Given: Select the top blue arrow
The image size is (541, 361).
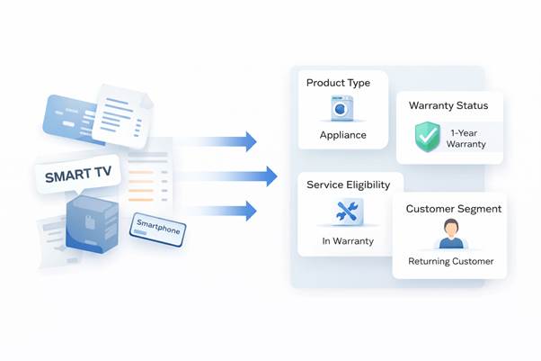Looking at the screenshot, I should click(x=217, y=141).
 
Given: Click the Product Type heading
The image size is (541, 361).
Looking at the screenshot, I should click(x=338, y=83).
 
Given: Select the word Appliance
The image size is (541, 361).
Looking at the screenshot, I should click(x=343, y=136).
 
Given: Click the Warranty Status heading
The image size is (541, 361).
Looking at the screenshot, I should click(x=448, y=105).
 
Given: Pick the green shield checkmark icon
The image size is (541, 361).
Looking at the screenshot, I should click(x=427, y=137).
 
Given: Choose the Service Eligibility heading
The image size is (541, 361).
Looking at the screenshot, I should click(x=349, y=185).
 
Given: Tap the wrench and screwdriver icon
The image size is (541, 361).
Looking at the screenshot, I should click(x=348, y=212).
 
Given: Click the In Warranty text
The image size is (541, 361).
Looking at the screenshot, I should click(x=347, y=241).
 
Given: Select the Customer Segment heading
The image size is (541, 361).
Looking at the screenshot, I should click(x=454, y=209).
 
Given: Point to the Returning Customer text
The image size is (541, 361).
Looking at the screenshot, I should click(x=450, y=262).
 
